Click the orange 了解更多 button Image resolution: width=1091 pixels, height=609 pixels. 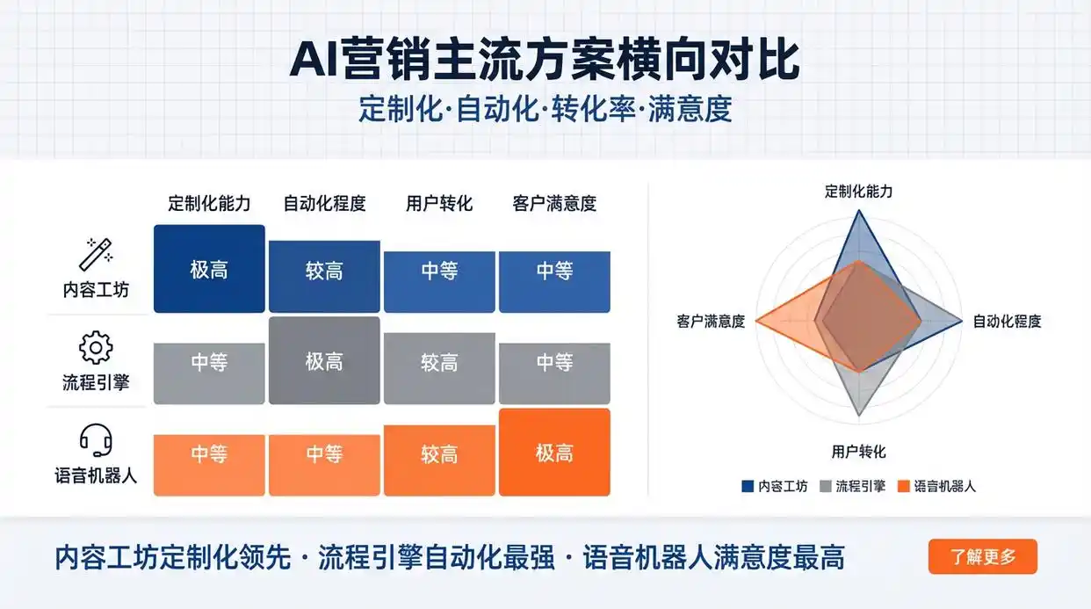coord(982,556)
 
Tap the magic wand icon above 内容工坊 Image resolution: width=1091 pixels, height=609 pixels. coord(95,254)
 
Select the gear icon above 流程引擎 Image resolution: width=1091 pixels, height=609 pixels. coord(95,348)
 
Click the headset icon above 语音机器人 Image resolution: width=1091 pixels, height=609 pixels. coord(95,440)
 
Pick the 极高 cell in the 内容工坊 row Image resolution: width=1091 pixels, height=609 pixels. coord(209,269)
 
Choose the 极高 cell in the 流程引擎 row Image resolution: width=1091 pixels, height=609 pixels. coord(324,360)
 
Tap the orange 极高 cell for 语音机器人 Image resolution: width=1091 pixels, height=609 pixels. coord(554,453)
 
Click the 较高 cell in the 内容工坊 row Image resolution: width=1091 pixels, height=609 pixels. coord(324,272)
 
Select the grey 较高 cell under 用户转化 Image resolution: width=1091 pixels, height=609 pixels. coord(439,362)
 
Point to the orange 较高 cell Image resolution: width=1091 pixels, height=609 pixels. coord(439,455)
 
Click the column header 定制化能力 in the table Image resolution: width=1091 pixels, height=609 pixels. coord(209,204)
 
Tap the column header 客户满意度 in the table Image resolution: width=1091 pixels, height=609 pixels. coord(554,204)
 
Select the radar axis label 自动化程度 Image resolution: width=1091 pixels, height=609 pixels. coord(1007,322)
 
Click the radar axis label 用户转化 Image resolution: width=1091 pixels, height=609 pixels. coord(858,452)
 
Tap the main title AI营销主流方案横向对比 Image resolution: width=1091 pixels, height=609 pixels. coord(545,60)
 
